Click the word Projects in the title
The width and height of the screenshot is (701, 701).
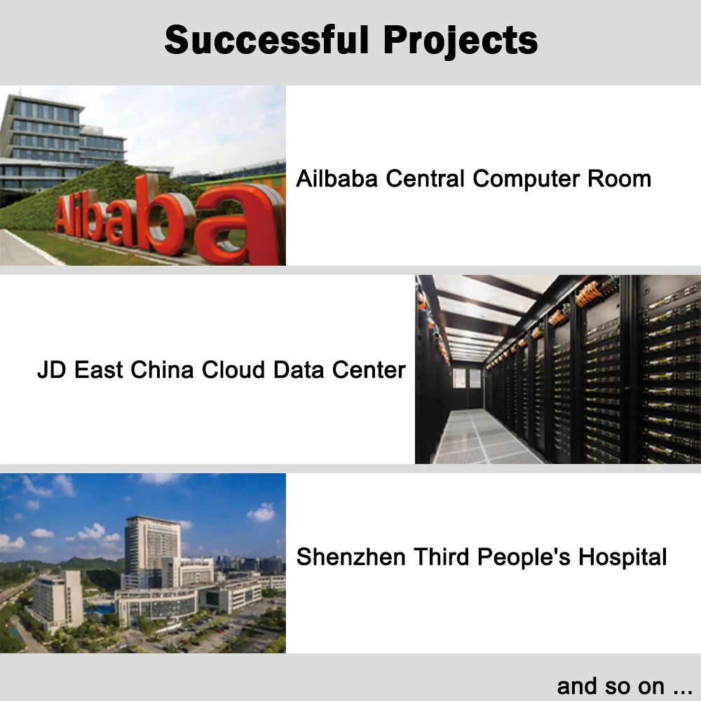pyautogui.click(x=461, y=41)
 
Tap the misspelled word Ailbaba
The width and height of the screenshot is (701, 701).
pyautogui.click(x=336, y=178)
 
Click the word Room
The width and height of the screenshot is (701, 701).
pyautogui.click(x=619, y=178)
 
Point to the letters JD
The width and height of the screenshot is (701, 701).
pyautogui.click(x=52, y=369)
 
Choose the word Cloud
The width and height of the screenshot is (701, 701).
pyautogui.click(x=233, y=369)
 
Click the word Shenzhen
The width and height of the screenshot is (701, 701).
pyautogui.click(x=351, y=557)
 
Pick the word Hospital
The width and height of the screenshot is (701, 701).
pyautogui.click(x=622, y=557)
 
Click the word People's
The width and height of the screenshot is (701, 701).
pyautogui.click(x=524, y=557)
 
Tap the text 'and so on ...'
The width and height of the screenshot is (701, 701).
pyautogui.click(x=625, y=686)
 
